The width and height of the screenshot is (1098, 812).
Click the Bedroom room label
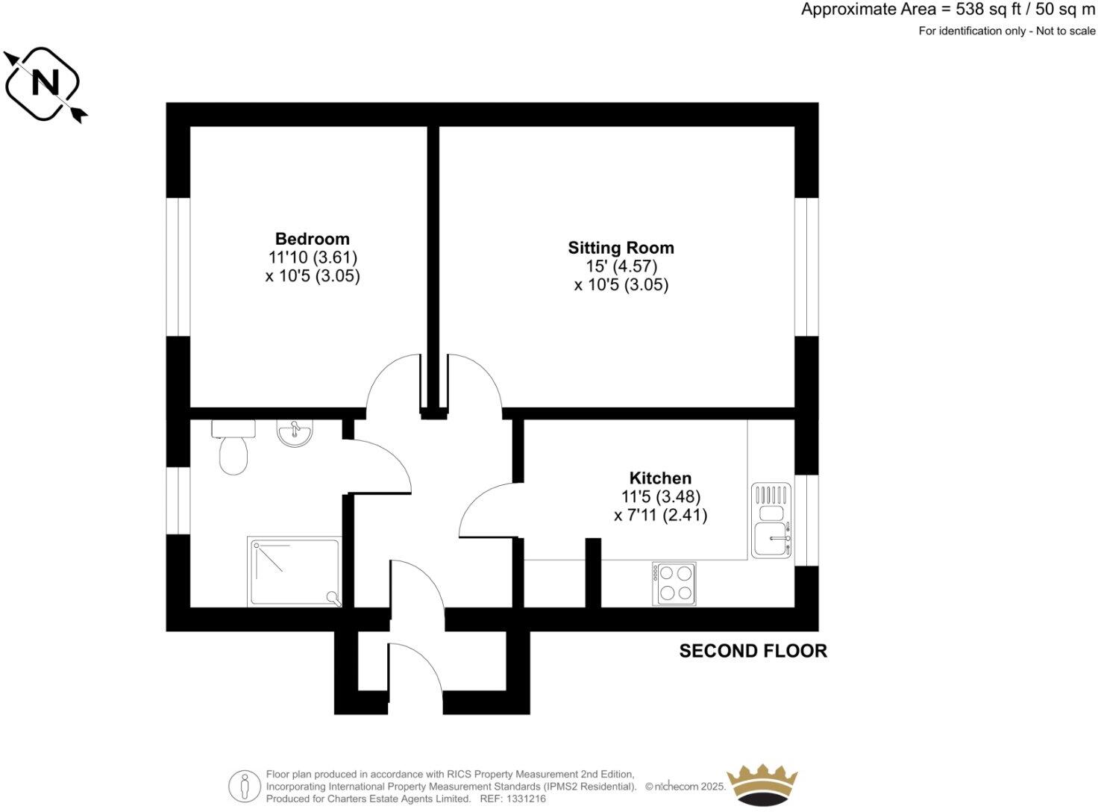pos(312,239)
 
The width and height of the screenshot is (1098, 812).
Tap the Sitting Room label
pos(621,248)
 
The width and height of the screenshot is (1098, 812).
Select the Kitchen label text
pos(660,478)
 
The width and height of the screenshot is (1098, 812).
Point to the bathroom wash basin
pos(295,433)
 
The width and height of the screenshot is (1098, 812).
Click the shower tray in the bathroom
pos(294,572)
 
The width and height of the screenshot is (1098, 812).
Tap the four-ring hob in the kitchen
pos(674,583)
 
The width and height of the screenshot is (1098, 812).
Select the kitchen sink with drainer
pos(771,520)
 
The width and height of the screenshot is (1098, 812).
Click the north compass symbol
pos(45,83)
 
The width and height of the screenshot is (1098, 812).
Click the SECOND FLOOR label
pos(753,651)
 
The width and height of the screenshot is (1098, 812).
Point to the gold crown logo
pos(762,786)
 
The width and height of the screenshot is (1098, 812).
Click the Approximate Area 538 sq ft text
pos(948,10)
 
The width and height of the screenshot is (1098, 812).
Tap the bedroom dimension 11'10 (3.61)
pos(313,257)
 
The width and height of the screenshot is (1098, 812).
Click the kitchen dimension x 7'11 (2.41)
pos(660,515)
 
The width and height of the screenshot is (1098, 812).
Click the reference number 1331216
pos(527,799)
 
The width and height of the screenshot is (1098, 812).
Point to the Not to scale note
pos(1066,31)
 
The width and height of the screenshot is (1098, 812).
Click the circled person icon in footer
pos(244,786)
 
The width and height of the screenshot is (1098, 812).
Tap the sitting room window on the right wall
pos(806,266)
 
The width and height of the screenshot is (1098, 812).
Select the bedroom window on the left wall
pos(178,266)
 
